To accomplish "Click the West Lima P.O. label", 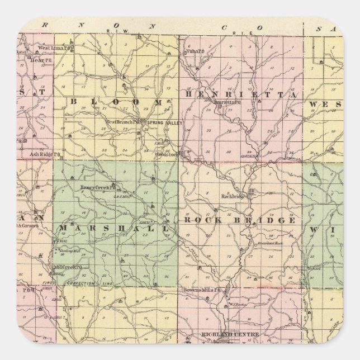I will [x=42, y=51].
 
